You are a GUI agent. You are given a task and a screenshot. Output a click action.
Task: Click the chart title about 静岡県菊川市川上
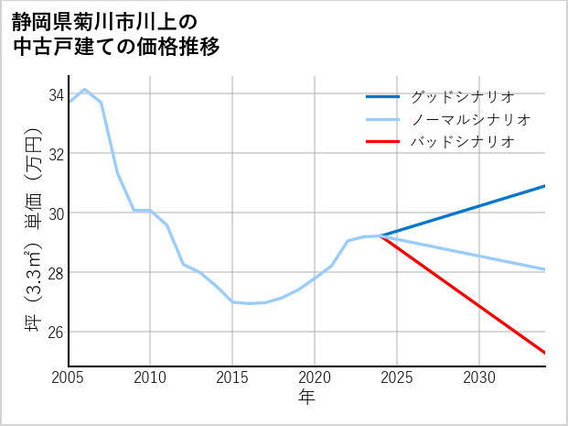click(x=116, y=34)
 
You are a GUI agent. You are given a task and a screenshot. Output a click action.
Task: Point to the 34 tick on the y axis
click(x=55, y=94)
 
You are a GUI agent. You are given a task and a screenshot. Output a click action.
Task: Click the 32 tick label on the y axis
click(x=55, y=154)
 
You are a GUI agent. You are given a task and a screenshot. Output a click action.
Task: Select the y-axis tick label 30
click(x=55, y=213)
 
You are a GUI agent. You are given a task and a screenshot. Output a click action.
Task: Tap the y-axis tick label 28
click(x=55, y=273)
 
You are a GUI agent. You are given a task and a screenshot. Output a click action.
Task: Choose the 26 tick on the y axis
click(x=55, y=332)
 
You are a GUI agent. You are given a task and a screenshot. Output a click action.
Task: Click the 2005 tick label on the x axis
click(x=69, y=377)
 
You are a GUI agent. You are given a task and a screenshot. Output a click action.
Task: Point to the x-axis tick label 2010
click(x=151, y=377)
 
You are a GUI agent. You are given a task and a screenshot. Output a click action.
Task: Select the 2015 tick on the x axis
click(x=233, y=377)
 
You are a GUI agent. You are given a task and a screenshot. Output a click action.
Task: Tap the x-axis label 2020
click(x=315, y=377)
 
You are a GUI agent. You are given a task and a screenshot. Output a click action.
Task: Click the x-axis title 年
click(x=307, y=398)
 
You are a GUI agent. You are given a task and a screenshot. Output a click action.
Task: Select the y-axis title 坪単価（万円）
click(x=33, y=229)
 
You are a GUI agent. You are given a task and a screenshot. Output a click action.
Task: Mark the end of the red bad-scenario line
click(x=545, y=353)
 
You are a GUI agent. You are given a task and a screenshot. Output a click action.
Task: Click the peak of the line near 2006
click(x=85, y=90)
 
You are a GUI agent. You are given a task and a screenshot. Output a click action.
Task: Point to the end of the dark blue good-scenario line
click(x=545, y=186)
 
